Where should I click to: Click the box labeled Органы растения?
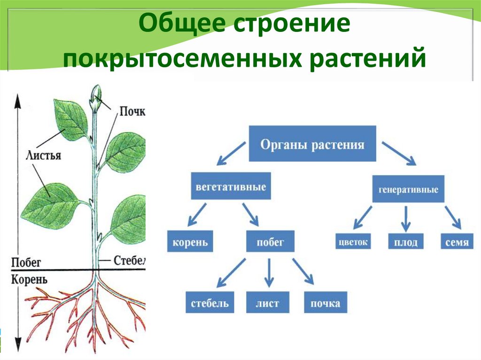click(x=312, y=144)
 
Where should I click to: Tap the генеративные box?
click(x=408, y=190)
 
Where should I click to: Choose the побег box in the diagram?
click(x=270, y=243)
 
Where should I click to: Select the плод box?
click(x=406, y=242)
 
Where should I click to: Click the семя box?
click(x=456, y=242)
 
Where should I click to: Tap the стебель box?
click(x=209, y=303)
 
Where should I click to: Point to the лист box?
click(x=267, y=303)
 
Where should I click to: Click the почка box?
click(x=325, y=303)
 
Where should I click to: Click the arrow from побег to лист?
click(x=269, y=273)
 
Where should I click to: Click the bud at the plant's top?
click(x=96, y=98)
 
